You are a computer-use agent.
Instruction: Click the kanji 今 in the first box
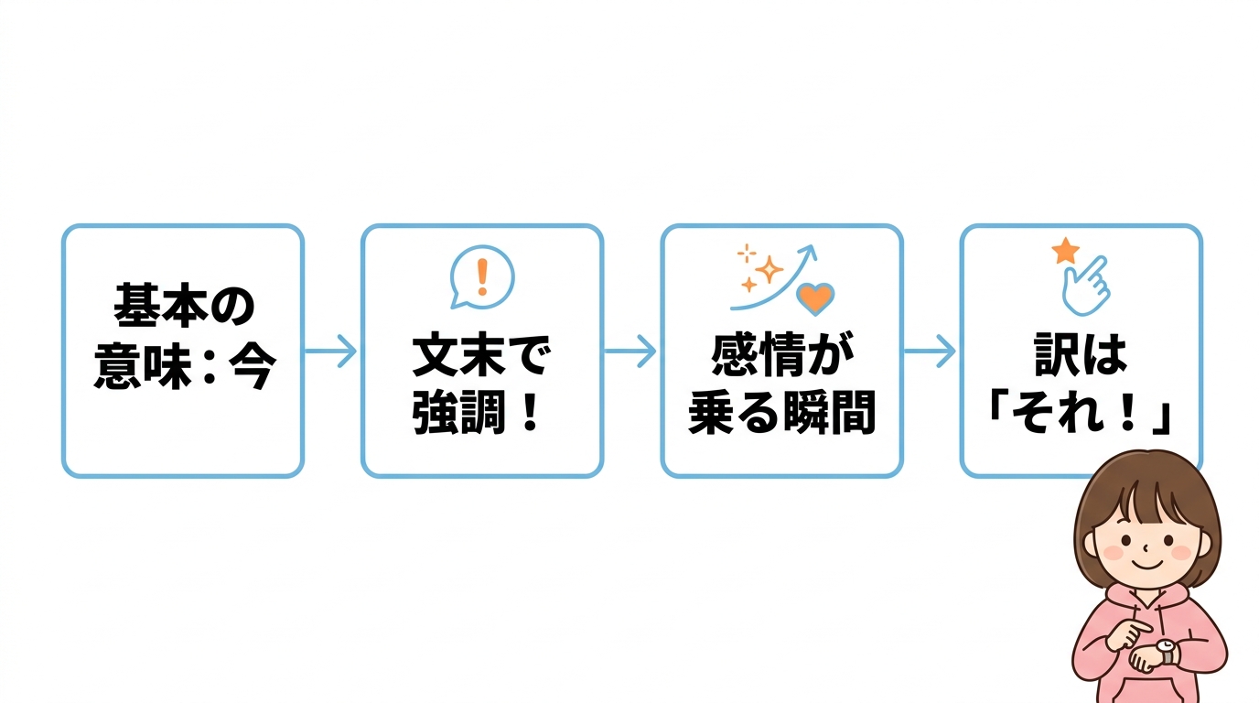pos(253,366)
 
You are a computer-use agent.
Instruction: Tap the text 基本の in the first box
pos(184,306)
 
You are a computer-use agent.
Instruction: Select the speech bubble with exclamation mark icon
pos(481,277)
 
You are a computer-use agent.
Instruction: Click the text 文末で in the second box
pos(481,356)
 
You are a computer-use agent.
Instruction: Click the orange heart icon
pos(815,298)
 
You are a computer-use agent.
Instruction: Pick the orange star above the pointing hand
pos(1065,251)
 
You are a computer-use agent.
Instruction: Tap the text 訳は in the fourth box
pos(1081,355)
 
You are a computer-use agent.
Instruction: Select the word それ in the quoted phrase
pos(1057,414)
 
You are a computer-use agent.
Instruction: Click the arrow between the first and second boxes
pos(330,351)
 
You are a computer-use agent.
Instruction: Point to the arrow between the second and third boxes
pos(630,351)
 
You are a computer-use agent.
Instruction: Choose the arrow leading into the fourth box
pos(930,351)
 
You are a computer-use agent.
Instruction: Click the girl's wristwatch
pos(1166,651)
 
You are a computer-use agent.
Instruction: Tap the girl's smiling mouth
pos(1146,564)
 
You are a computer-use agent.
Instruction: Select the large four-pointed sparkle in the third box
pos(769,270)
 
